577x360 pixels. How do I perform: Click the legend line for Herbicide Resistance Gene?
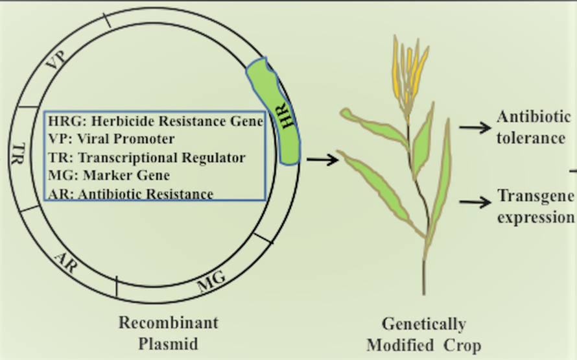pyautogui.click(x=156, y=121)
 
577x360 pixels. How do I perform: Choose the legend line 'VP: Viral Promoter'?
pyautogui.click(x=111, y=139)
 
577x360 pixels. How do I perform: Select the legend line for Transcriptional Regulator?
pyautogui.click(x=147, y=158)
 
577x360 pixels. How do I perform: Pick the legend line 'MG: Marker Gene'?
pyautogui.click(x=109, y=175)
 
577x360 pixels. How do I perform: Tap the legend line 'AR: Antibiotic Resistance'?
pyautogui.click(x=130, y=194)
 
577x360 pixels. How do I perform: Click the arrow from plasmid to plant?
pyautogui.click(x=322, y=159)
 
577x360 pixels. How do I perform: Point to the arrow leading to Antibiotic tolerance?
pyautogui.click(x=475, y=127)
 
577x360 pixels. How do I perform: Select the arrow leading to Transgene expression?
pyautogui.click(x=475, y=202)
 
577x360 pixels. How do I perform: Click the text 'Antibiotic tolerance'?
pyautogui.click(x=533, y=127)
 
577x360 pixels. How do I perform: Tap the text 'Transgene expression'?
pyautogui.click(x=536, y=206)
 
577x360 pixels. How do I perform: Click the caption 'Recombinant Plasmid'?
pyautogui.click(x=168, y=333)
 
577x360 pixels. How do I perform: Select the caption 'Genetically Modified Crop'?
pyautogui.click(x=423, y=334)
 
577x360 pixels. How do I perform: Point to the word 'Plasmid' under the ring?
pyautogui.click(x=168, y=343)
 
